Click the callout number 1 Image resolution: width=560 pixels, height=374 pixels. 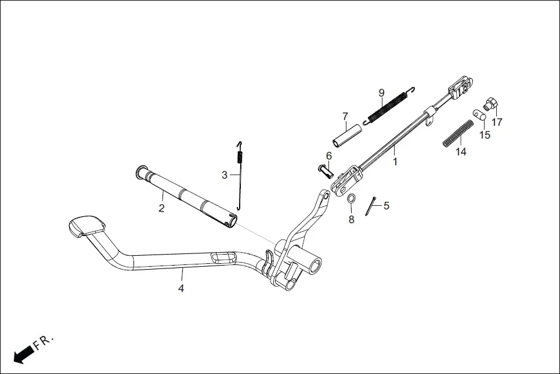pyautogui.click(x=395, y=162)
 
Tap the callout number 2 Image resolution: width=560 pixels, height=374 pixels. pyautogui.click(x=161, y=208)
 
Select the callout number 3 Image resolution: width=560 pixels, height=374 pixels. pyautogui.click(x=225, y=174)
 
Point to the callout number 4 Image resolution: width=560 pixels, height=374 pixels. pyautogui.click(x=181, y=288)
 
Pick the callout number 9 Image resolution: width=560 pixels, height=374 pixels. pyautogui.click(x=381, y=93)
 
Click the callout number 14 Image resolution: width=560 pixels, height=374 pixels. pyautogui.click(x=461, y=152)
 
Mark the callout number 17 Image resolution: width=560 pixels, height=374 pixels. pyautogui.click(x=497, y=122)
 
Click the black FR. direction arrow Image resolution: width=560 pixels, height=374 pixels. pyautogui.click(x=23, y=354)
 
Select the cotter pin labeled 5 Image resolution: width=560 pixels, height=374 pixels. pyautogui.click(x=372, y=206)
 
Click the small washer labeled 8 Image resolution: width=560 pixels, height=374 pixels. pyautogui.click(x=351, y=199)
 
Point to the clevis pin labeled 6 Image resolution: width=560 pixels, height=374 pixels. pyautogui.click(x=324, y=170)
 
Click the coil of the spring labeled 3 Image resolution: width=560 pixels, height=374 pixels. pyautogui.click(x=240, y=157)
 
